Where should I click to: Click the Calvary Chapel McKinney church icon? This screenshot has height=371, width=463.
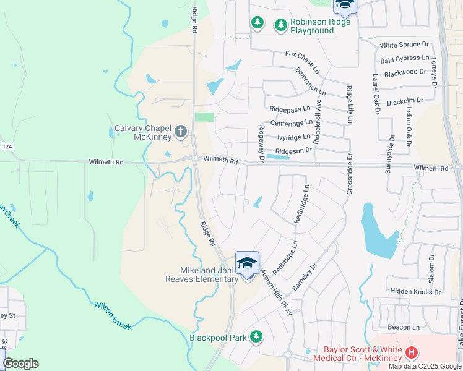click(181, 131)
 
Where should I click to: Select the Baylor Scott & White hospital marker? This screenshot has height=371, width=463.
click(412, 354)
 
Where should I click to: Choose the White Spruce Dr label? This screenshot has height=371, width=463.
click(404, 45)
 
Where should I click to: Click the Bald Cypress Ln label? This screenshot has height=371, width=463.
click(405, 59)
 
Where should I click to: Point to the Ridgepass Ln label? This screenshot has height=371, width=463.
click(290, 109)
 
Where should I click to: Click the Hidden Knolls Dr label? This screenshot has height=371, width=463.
click(415, 291)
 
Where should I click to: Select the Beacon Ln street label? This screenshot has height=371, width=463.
click(404, 327)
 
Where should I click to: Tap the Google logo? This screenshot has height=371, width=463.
click(20, 364)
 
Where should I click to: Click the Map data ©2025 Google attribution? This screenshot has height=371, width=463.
click(425, 366)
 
